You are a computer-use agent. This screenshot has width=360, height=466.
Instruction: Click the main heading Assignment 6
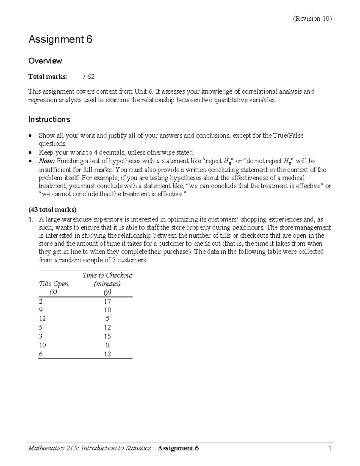(60, 39)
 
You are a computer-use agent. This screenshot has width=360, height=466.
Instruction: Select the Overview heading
(45, 61)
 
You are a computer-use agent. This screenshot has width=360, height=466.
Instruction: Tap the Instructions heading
(49, 119)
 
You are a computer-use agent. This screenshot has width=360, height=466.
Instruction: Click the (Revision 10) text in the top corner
(312, 19)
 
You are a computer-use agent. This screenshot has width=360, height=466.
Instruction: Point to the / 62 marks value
(89, 77)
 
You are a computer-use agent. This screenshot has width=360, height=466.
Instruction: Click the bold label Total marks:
(48, 77)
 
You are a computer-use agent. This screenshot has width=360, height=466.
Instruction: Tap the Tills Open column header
(54, 284)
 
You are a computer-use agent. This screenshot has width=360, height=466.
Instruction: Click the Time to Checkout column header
(107, 275)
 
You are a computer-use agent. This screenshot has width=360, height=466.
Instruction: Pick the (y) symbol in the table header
(107, 292)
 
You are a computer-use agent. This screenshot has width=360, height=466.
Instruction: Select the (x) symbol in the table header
(53, 292)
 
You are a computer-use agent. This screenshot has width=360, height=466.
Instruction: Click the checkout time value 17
(107, 302)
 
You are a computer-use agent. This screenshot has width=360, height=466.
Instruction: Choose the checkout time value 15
(107, 336)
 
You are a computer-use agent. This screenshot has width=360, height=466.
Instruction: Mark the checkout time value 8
(108, 345)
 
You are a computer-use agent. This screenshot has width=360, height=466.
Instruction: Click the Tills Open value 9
(41, 310)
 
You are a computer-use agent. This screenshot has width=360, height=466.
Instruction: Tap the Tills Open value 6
(41, 354)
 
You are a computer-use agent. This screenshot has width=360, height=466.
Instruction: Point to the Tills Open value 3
(41, 336)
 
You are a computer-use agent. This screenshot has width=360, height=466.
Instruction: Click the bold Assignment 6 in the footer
(178, 448)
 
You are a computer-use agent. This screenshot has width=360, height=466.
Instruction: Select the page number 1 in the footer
(329, 448)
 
